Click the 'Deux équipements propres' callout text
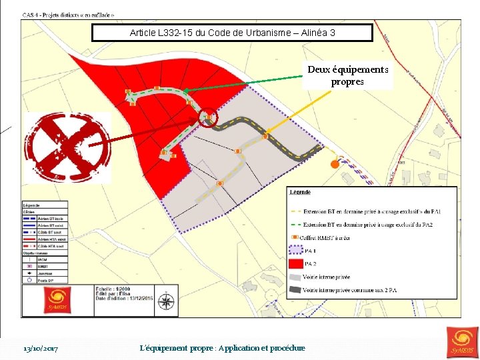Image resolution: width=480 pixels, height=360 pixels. [347, 75]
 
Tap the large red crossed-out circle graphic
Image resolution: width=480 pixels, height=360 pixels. [67, 147]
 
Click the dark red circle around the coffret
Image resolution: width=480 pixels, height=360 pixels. [209, 118]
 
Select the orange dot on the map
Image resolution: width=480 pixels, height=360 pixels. [334, 164]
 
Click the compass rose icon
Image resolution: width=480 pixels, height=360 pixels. [165, 303]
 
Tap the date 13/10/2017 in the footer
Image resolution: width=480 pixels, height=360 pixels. [41, 348]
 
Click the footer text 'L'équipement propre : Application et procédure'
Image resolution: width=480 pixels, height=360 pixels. [223, 348]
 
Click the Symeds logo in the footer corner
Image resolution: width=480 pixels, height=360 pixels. [463, 341]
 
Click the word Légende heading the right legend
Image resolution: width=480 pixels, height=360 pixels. [300, 192]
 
